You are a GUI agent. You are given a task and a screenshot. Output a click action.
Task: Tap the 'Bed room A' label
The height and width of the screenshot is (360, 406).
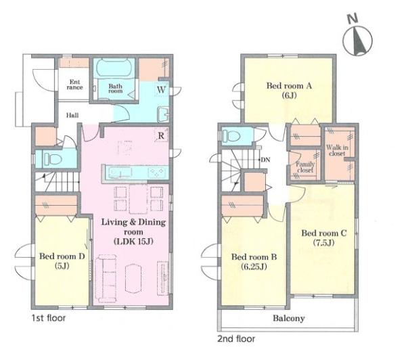click(289, 85)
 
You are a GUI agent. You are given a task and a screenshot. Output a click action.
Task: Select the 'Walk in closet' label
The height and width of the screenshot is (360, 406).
click(337, 150)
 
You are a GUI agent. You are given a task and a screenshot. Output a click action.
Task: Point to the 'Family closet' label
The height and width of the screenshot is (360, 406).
click(305, 167)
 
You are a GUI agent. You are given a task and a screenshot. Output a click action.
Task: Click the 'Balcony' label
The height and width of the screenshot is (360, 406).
click(289, 318)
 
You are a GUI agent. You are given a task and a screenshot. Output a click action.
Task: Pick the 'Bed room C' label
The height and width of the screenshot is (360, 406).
click(323, 233)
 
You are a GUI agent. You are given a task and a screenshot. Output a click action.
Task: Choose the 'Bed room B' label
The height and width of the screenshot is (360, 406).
click(254, 257)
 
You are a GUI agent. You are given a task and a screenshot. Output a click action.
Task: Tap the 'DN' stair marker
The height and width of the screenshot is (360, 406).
click(265, 160)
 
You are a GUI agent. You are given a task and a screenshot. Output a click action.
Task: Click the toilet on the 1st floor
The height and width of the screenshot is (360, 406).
click(52, 158)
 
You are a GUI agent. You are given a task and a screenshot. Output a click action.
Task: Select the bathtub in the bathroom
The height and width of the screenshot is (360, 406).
click(114, 68)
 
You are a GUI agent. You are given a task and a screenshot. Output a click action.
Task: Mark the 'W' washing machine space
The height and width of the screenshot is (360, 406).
click(161, 89)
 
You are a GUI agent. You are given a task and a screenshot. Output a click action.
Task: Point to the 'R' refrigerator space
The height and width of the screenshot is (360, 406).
click(161, 135)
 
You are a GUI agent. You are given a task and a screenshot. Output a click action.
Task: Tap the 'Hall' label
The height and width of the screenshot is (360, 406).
click(72, 115)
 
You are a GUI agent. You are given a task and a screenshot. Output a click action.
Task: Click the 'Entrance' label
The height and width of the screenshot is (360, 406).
click(74, 85)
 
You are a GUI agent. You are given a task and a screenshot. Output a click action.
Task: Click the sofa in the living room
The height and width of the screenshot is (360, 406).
click(106, 278)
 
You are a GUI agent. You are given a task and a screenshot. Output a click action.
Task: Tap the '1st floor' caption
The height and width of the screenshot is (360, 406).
click(49, 318)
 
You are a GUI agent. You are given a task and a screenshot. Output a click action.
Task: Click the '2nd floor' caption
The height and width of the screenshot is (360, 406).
click(236, 339)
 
